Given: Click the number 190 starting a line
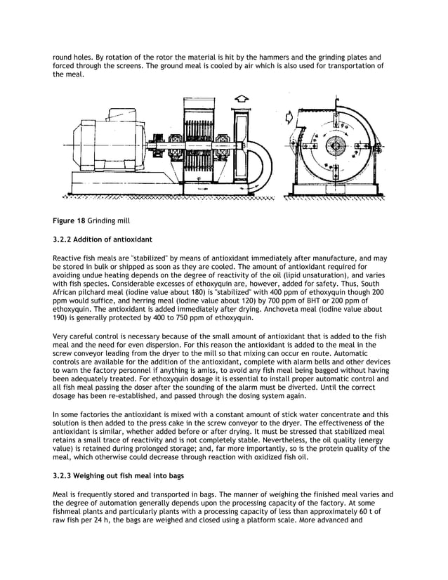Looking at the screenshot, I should coord(60,317).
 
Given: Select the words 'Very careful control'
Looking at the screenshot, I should coord(82,338).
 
